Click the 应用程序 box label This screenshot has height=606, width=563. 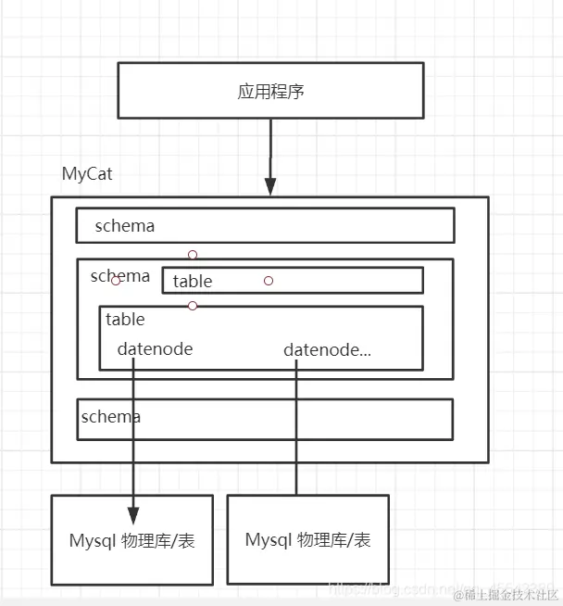[271, 92]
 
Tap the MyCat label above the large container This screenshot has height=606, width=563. [87, 173]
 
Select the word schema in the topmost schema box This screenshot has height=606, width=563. [124, 225]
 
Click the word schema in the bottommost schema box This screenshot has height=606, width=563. [111, 416]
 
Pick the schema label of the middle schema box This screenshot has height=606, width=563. [119, 275]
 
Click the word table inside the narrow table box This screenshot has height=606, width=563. [193, 281]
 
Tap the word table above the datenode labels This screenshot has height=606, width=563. [125, 320]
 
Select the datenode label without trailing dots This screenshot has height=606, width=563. [155, 349]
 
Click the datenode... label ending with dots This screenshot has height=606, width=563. [327, 349]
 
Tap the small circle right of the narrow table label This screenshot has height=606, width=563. [269, 280]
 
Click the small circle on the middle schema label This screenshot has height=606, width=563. [116, 280]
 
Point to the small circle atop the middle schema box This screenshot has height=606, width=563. [193, 254]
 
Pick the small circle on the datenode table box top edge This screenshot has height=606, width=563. [193, 306]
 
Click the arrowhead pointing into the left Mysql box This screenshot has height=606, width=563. [133, 516]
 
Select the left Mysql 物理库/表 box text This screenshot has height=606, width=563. [132, 540]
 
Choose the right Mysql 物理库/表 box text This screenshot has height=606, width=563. [308, 539]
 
